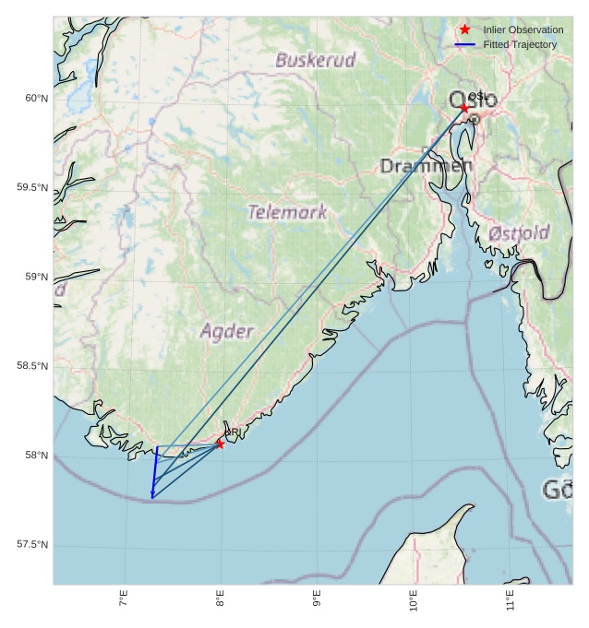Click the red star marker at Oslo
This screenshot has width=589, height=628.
pos(464,108)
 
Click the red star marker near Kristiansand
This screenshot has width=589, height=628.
pos(220,444)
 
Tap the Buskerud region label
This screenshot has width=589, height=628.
pos(315,61)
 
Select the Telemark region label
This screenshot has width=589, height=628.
pos(287,212)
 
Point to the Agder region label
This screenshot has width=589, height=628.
pos(226,330)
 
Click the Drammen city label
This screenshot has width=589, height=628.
pos(427,166)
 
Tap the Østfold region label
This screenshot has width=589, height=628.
pos(519,232)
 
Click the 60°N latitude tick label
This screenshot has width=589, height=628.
pos(35,99)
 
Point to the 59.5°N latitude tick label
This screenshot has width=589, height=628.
pos(32,188)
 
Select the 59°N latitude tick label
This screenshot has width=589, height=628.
pos(35,278)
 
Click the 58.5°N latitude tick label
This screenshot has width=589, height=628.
pos(32,367)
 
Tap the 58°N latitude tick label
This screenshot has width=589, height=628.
pos(35,456)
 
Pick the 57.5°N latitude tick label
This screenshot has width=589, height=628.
pos(32,545)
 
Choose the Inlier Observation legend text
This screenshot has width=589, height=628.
pos(523,30)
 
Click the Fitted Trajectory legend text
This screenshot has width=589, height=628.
pos(520,44)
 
